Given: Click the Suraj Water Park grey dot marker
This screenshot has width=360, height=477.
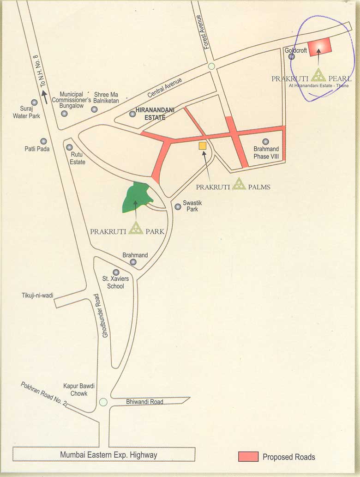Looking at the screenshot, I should (34, 103).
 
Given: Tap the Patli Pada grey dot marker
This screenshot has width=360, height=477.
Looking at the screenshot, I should (43, 141).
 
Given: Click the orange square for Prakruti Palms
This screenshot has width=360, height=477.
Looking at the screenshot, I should (202, 146).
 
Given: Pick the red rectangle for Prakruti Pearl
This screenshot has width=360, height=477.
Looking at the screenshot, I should (320, 47).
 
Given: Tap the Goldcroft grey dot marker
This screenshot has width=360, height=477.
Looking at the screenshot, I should (292, 56).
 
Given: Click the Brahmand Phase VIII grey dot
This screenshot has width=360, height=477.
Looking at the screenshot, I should (265, 142).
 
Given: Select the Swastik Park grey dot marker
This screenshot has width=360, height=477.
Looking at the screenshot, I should (178, 206).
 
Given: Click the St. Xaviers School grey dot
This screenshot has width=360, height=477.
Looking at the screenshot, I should (116, 272).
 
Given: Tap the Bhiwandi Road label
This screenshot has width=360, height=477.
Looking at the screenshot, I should (144, 402).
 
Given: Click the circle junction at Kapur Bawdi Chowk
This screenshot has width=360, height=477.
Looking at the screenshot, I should (103, 402).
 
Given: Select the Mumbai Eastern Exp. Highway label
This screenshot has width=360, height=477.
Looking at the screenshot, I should (108, 455).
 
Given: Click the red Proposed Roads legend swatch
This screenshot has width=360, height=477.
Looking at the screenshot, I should (248, 456).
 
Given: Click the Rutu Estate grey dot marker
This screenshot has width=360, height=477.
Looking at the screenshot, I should (69, 147).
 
